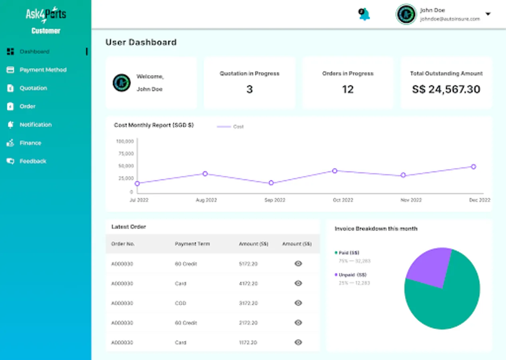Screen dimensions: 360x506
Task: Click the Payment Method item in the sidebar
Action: pyautogui.click(x=43, y=70)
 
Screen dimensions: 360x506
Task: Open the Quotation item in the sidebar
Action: pyautogui.click(x=33, y=88)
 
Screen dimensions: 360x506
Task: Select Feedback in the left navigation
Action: pyautogui.click(x=33, y=161)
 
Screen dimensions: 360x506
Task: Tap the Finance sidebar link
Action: pyautogui.click(x=30, y=143)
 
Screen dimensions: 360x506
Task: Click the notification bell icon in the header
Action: pyautogui.click(x=364, y=14)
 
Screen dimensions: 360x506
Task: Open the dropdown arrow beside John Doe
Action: pyautogui.click(x=488, y=14)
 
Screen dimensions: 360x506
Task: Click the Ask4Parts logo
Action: pyautogui.click(x=46, y=15)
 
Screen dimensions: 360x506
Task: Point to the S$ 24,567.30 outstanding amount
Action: pyautogui.click(x=446, y=89)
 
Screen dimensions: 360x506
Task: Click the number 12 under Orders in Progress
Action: pyautogui.click(x=348, y=89)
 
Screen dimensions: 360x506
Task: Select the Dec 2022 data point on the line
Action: pyautogui.click(x=474, y=167)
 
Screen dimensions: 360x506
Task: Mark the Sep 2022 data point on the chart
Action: pyautogui.click(x=271, y=183)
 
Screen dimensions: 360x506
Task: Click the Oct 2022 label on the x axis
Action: pyautogui.click(x=343, y=200)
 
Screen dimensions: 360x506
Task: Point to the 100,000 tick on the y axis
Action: pyautogui.click(x=125, y=141)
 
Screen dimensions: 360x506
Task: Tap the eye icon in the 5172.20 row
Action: pyautogui.click(x=298, y=264)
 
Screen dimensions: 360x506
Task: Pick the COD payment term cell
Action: pyautogui.click(x=181, y=303)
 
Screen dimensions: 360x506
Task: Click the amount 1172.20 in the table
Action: pyautogui.click(x=248, y=343)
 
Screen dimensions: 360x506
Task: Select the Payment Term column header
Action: pyautogui.click(x=192, y=244)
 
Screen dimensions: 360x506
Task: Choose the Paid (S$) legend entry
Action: pyautogui.click(x=349, y=253)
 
